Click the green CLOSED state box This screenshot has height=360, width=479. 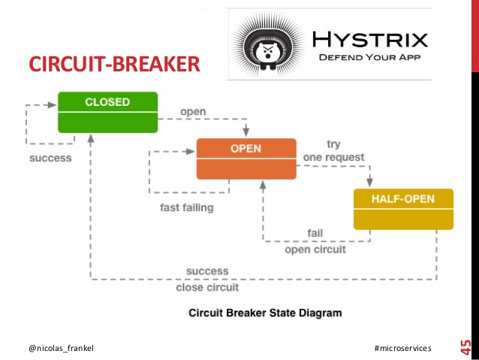pos(107,112)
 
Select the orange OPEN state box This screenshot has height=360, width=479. pos(246,159)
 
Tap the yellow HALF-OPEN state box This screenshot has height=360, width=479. pos(403,209)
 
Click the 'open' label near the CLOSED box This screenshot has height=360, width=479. pos(193,113)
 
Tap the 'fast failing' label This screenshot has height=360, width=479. pos(187,208)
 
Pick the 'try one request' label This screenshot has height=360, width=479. pos(333,150)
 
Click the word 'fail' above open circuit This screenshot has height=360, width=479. pos(315,232)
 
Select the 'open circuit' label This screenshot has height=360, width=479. pos(315,250)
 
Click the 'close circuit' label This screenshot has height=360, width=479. pos(207,287)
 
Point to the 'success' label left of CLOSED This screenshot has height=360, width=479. pos(50,159)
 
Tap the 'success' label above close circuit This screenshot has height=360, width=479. pos(207,271)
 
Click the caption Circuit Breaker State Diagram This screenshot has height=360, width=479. pos(256,312)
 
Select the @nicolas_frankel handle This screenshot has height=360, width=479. pos(62,349)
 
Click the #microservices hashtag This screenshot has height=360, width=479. pos(402,349)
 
